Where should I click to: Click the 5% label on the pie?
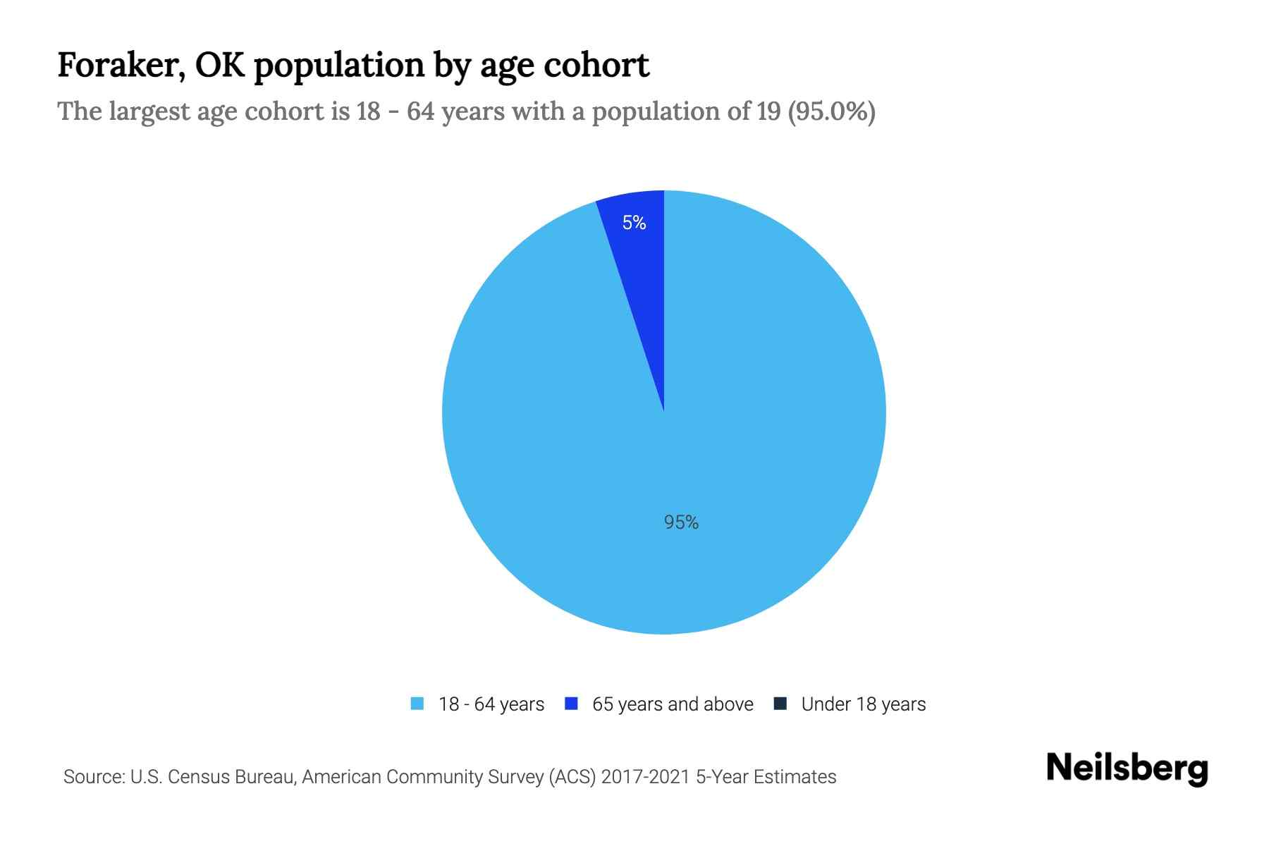pos(634,223)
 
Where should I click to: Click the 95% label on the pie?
pos(681,522)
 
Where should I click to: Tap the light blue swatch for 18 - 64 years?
pos(417,704)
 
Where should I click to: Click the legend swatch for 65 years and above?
pos(572,704)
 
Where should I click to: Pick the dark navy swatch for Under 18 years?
pos(780,704)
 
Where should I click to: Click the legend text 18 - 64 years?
pos(491,704)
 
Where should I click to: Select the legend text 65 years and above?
pos(673,704)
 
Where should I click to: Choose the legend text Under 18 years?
pos(863,704)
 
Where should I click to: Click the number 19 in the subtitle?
pos(768,111)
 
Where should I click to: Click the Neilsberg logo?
pos(1127,768)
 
